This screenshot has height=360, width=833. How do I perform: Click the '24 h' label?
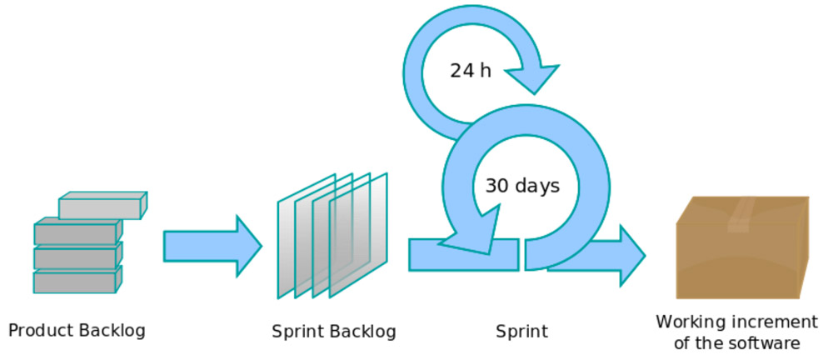(471, 70)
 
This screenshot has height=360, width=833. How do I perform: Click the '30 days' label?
(522, 186)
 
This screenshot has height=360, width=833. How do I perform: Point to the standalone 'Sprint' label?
(521, 332)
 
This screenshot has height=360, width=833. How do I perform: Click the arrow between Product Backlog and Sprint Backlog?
(212, 246)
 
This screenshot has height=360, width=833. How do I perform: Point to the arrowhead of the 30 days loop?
(470, 232)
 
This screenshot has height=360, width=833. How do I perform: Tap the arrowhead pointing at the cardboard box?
(631, 256)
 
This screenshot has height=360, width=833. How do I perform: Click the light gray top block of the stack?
(102, 205)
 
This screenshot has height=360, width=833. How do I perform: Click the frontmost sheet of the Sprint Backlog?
(358, 235)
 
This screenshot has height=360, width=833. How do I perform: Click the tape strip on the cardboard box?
(740, 215)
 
